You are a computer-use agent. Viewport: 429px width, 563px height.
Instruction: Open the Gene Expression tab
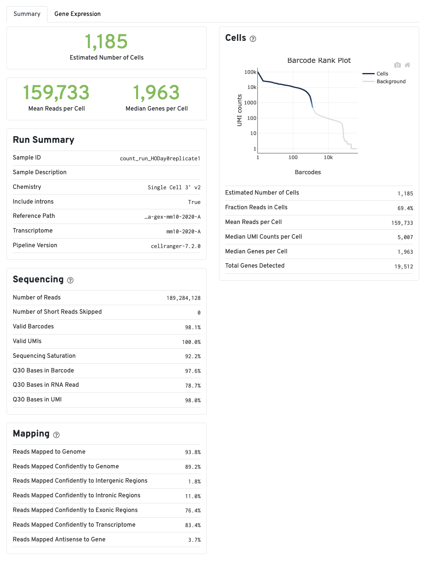tap(77, 14)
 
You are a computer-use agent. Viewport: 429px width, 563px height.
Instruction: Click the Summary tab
tap(27, 14)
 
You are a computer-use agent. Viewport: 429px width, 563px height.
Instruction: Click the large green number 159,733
tap(56, 93)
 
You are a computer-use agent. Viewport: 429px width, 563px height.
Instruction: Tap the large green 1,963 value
tap(156, 93)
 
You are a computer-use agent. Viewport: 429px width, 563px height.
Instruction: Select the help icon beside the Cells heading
tap(253, 39)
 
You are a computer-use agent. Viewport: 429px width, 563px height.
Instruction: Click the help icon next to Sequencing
tap(70, 280)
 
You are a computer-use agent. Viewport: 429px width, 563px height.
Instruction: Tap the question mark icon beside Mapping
tap(56, 435)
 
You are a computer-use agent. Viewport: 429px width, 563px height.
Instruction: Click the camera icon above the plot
tap(397, 65)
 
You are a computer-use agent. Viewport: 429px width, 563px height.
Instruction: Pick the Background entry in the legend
tap(391, 82)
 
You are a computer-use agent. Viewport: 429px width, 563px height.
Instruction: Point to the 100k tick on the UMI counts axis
tap(250, 72)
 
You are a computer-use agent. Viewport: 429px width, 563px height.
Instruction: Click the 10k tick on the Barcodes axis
tap(328, 157)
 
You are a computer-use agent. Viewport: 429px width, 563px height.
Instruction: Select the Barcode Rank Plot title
tap(319, 60)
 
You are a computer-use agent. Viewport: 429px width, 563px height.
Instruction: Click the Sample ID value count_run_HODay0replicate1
tap(160, 158)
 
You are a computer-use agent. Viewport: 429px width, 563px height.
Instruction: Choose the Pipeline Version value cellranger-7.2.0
tap(176, 246)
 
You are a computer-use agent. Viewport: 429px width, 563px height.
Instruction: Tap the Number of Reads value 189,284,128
tap(183, 298)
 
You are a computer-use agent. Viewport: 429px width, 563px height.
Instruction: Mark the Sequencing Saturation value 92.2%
tap(193, 356)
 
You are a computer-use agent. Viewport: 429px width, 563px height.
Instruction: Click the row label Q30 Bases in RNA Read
tap(46, 385)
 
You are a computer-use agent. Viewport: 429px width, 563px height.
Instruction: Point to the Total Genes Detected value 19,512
tap(404, 266)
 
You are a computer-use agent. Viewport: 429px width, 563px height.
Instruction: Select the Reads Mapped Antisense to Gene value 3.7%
tap(194, 540)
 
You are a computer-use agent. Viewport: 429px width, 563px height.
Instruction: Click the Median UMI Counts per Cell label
tap(264, 237)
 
